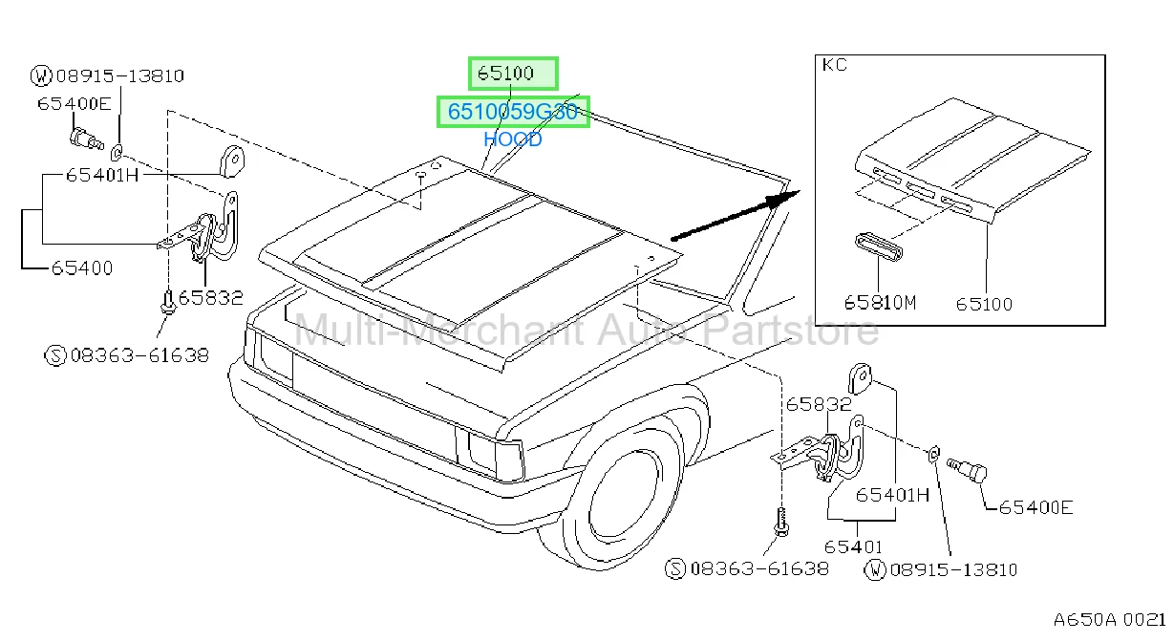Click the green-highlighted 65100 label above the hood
click(x=505, y=73)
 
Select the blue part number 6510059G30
click(x=513, y=112)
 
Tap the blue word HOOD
click(x=513, y=139)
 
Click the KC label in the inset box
click(x=834, y=65)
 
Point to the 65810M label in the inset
click(x=880, y=303)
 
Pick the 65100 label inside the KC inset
click(x=984, y=304)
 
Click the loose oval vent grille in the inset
click(x=879, y=247)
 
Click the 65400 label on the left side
click(x=82, y=268)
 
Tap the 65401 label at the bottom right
click(x=853, y=546)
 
